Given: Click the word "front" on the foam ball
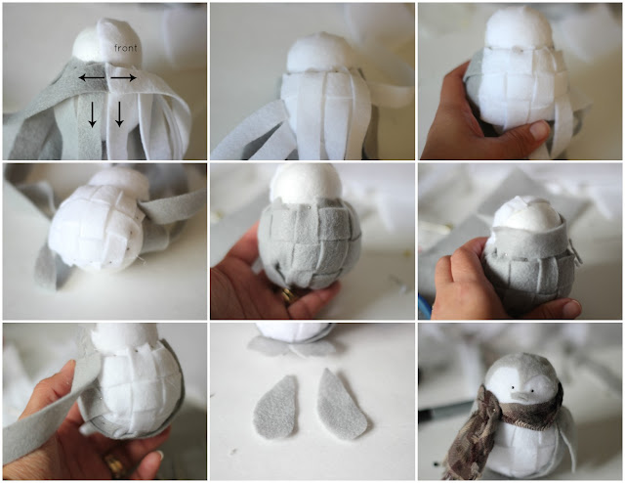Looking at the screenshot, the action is coord(126,48).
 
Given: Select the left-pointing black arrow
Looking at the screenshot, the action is coord(92,77).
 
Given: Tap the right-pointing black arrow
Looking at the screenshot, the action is coord(123,77).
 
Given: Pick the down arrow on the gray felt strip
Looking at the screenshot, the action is coord(92,114).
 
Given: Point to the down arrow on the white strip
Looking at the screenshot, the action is coord(119,114).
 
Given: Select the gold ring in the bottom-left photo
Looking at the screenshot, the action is coord(114,464).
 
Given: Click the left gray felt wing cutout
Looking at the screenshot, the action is coord(275,407).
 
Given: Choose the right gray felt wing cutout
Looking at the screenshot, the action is coord(342,404).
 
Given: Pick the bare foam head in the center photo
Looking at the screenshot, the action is coord(306,183).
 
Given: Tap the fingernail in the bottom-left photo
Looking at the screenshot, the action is coord(160,454).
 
